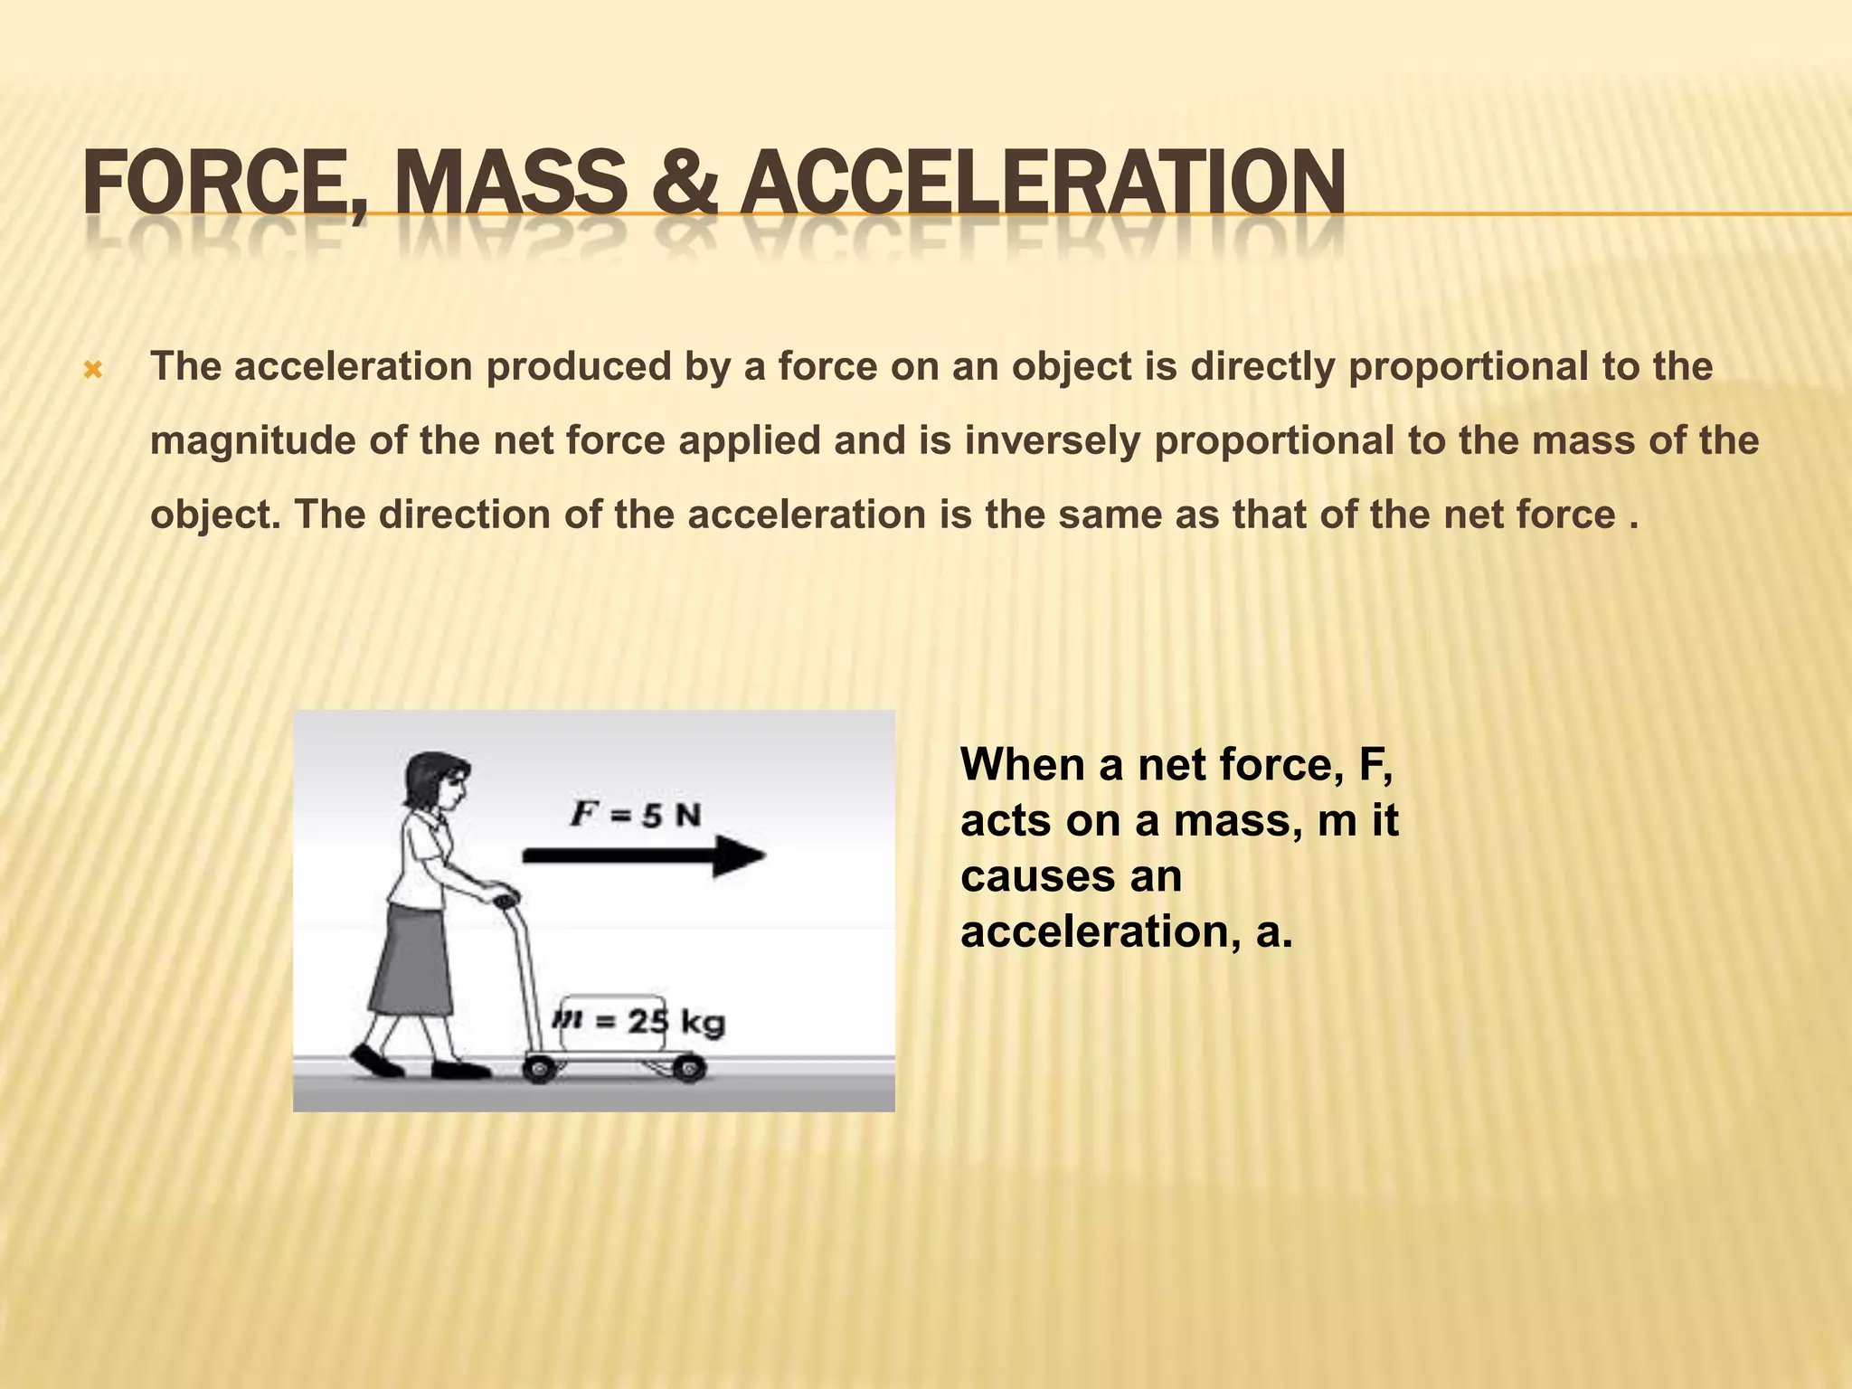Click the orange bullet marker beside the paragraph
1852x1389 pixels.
coord(92,370)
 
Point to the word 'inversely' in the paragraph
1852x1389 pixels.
coord(1053,440)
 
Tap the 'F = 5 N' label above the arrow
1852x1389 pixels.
coord(636,815)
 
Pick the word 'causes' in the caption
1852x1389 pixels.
coord(1034,876)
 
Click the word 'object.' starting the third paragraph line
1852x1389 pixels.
coord(216,515)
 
